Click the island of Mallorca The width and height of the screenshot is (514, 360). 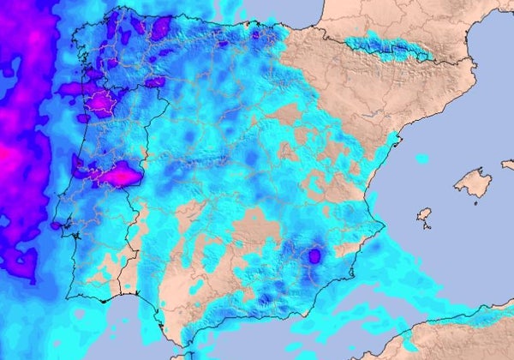tap(472, 182)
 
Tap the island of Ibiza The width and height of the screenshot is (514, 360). tap(423, 214)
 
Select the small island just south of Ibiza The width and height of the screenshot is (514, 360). tap(426, 227)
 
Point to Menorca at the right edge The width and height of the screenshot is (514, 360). tap(508, 163)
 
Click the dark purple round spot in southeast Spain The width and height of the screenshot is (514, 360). tap(314, 255)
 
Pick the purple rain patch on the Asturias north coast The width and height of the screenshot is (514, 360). tap(161, 27)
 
